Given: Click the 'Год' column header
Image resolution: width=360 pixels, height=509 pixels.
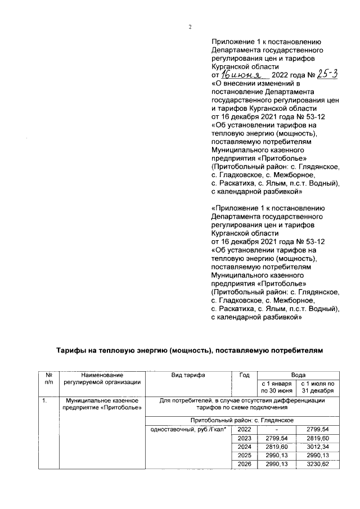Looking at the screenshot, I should point(244,375).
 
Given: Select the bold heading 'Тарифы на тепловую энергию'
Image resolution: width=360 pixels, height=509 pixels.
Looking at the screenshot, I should point(190,350).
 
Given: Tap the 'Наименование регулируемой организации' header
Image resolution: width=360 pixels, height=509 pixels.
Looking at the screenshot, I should point(102,379).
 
